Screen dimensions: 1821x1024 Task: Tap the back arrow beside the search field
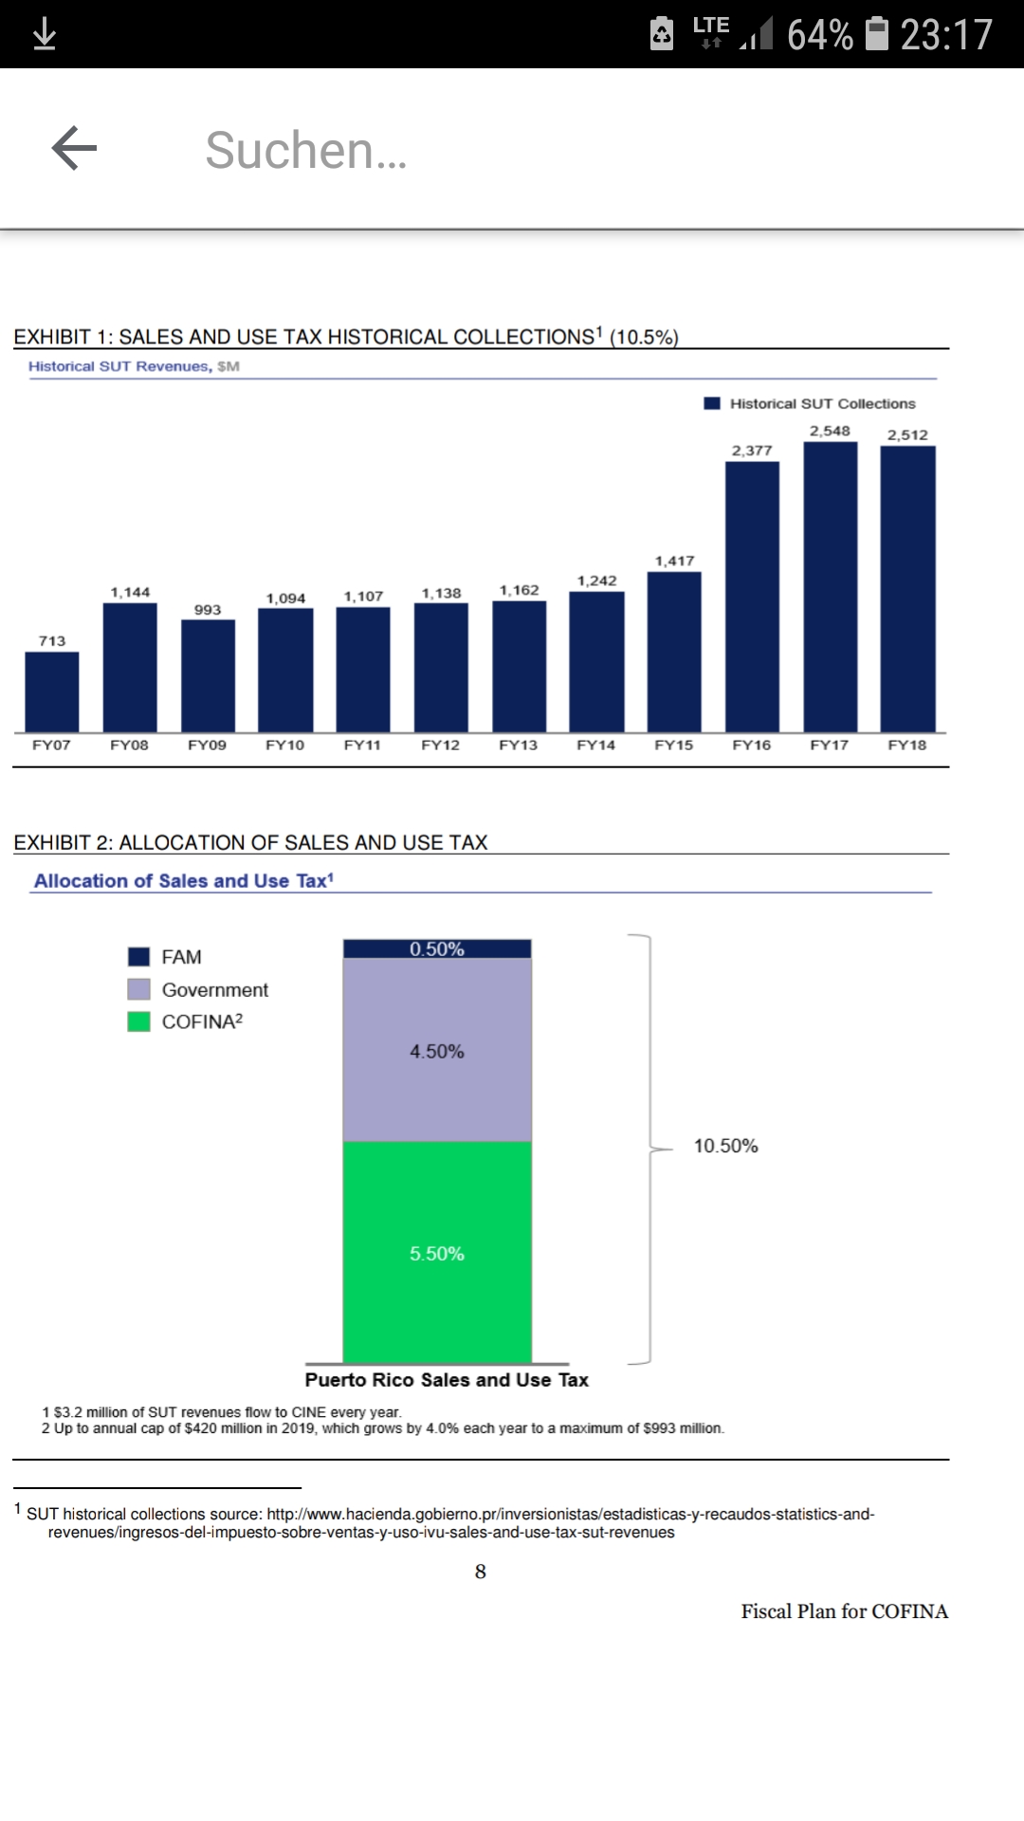tap(74, 148)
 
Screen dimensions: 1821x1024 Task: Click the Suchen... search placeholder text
tap(306, 150)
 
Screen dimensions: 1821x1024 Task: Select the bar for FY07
tap(52, 691)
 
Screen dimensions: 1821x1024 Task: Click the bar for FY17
tap(830, 587)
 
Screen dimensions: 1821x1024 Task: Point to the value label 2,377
tap(752, 451)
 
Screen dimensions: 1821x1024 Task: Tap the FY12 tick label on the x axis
tap(440, 745)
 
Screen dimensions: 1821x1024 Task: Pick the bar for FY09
tap(208, 675)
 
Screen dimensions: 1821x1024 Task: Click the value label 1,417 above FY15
tap(674, 561)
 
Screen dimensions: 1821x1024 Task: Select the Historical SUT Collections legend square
tap(712, 403)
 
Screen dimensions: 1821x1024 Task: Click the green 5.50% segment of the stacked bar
tap(437, 1253)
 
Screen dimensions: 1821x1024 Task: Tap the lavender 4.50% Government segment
tap(437, 1051)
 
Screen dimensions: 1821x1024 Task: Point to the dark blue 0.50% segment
tap(437, 948)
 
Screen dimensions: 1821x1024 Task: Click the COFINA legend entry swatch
tap(138, 1021)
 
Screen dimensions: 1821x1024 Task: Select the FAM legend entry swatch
tap(138, 957)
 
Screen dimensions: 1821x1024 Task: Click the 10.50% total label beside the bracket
tap(725, 1146)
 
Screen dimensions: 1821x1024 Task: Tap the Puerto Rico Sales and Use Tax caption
tap(447, 1380)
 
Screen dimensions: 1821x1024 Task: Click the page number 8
tap(481, 1572)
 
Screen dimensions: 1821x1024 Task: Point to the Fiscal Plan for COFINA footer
tap(844, 1611)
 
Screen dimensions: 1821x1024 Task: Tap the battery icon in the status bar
tap(878, 34)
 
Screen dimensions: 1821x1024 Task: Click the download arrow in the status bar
tap(45, 35)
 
